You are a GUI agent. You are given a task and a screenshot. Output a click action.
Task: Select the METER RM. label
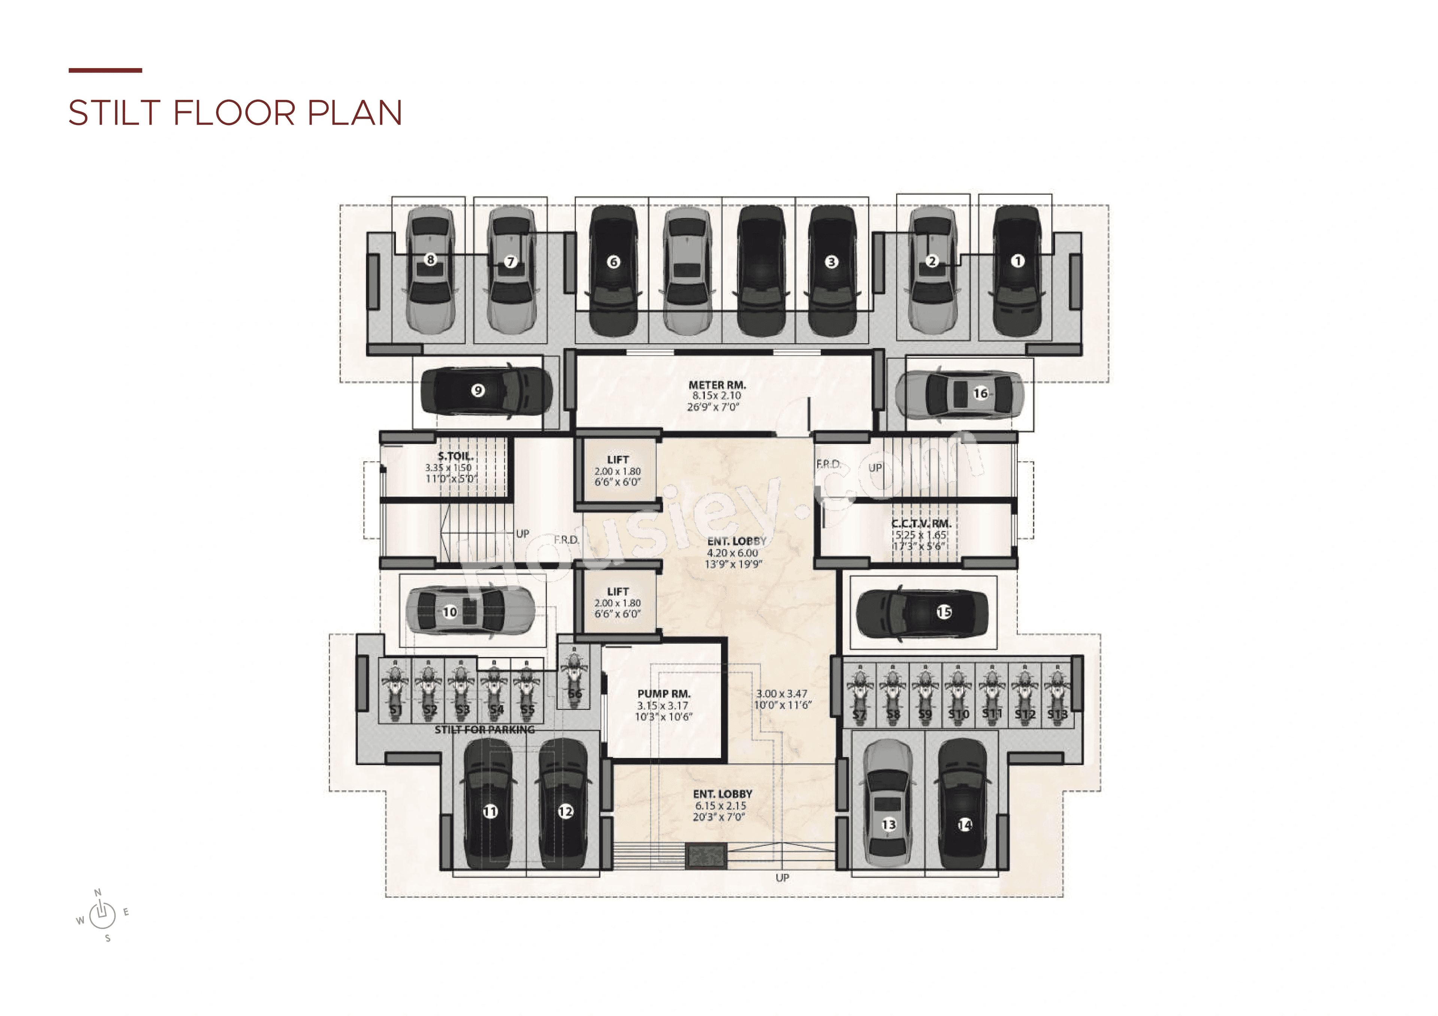pos(717,385)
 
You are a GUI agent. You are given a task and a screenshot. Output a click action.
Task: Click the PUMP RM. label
pos(664,694)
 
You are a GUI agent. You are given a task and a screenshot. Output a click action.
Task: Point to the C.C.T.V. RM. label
pos(921,523)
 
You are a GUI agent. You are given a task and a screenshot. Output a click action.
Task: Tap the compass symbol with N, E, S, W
pos(102,915)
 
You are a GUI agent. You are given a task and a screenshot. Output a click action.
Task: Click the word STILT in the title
pos(115,113)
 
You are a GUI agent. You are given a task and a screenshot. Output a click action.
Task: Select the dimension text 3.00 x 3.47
pos(782,694)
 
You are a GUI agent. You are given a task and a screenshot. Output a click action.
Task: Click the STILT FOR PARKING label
pos(485,730)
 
